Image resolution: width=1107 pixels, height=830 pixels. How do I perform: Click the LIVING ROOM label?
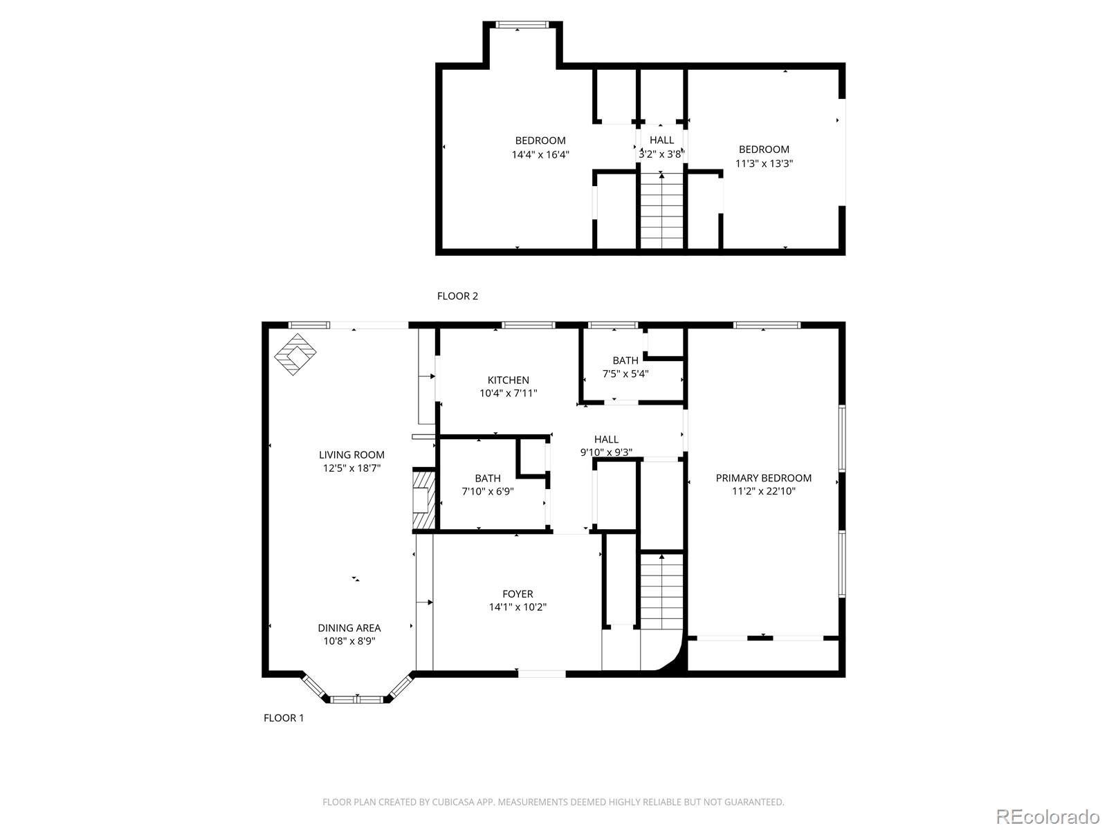(x=351, y=454)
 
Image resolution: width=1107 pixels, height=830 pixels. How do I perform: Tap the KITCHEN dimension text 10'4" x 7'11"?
(x=509, y=394)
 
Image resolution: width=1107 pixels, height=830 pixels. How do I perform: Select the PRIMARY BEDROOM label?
(x=763, y=478)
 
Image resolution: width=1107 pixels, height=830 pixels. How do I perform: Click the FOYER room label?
(x=518, y=594)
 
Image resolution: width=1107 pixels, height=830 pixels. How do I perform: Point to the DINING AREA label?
(x=349, y=628)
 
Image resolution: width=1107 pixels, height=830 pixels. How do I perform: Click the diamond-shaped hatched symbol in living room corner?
(x=295, y=354)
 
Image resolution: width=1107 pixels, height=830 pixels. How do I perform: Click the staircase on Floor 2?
(x=662, y=211)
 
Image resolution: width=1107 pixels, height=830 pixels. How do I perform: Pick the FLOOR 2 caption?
(x=457, y=296)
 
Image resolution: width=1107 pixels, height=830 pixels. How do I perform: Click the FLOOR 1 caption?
(x=284, y=718)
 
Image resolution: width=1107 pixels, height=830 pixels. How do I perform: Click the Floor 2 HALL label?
(x=661, y=140)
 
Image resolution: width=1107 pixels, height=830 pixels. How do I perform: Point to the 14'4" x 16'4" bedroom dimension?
(x=540, y=155)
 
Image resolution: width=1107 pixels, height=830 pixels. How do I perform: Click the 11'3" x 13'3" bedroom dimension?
(x=764, y=164)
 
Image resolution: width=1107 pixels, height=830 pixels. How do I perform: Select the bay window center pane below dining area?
(x=357, y=699)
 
